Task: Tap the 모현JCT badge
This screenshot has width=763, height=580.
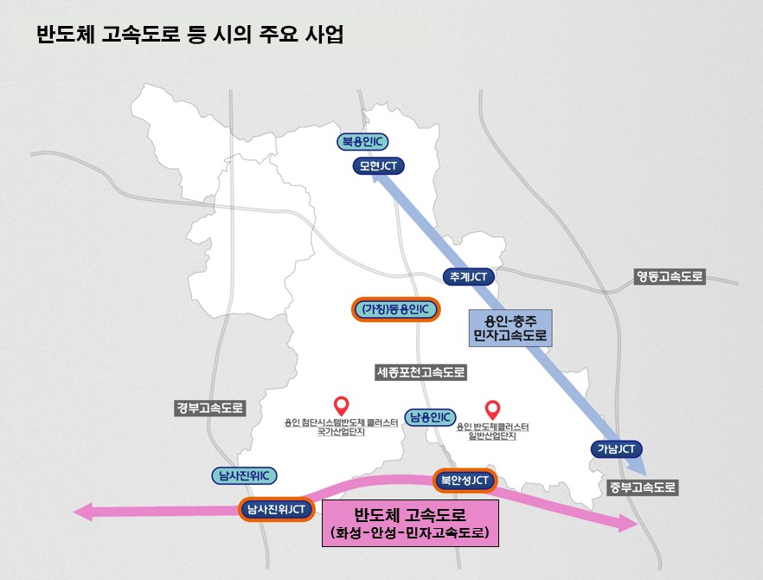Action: point(379,166)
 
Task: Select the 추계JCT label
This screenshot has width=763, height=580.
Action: point(469,278)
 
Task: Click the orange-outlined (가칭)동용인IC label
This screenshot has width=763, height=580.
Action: point(396,309)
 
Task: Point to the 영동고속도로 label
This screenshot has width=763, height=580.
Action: point(670,278)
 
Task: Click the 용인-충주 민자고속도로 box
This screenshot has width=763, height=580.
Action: point(510,326)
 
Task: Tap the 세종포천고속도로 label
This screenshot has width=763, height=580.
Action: point(421,373)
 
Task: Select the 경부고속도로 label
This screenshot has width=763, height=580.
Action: point(210,408)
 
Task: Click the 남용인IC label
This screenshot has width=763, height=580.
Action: point(431,417)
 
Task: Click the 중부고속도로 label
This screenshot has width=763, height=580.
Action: point(642,487)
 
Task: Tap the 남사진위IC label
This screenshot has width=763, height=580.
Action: point(244,475)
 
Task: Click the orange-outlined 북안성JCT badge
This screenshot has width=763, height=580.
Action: point(465,480)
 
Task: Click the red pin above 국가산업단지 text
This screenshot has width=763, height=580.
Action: point(341,404)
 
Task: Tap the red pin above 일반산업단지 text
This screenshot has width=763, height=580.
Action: point(493,409)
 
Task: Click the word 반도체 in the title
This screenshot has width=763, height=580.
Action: point(66,35)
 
